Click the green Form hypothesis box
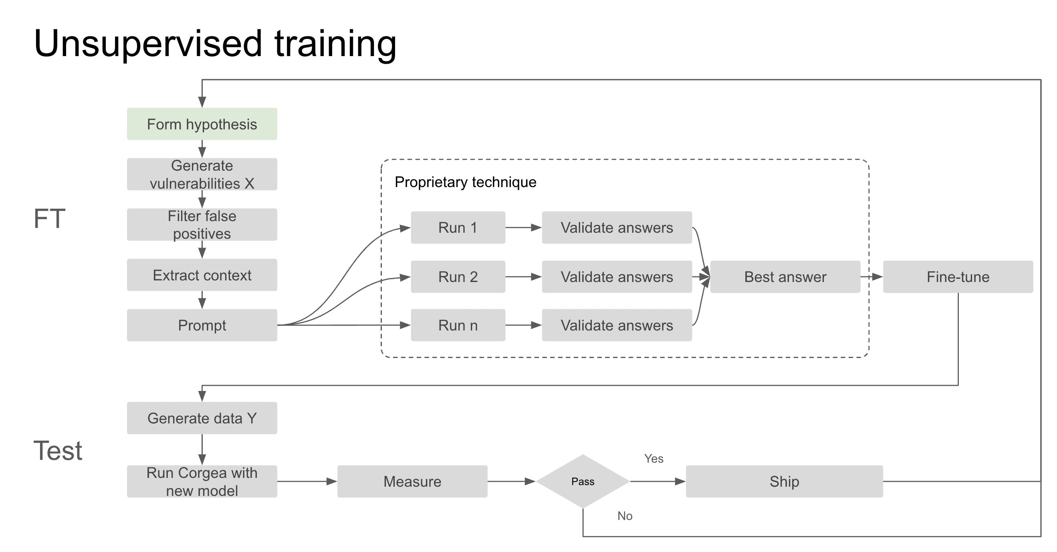(202, 124)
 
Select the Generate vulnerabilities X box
(202, 174)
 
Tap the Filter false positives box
(202, 224)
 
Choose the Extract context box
(202, 275)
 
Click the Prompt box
(202, 325)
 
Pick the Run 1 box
(458, 228)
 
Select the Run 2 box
(458, 277)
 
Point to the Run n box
(458, 325)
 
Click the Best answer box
(785, 277)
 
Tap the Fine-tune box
(958, 277)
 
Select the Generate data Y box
(202, 418)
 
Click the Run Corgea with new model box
(202, 481)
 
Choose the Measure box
(412, 481)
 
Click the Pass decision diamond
(583, 481)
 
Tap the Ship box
(784, 481)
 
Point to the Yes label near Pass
(654, 459)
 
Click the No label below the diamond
(625, 516)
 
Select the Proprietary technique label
(465, 182)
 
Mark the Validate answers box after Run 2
(617, 277)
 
